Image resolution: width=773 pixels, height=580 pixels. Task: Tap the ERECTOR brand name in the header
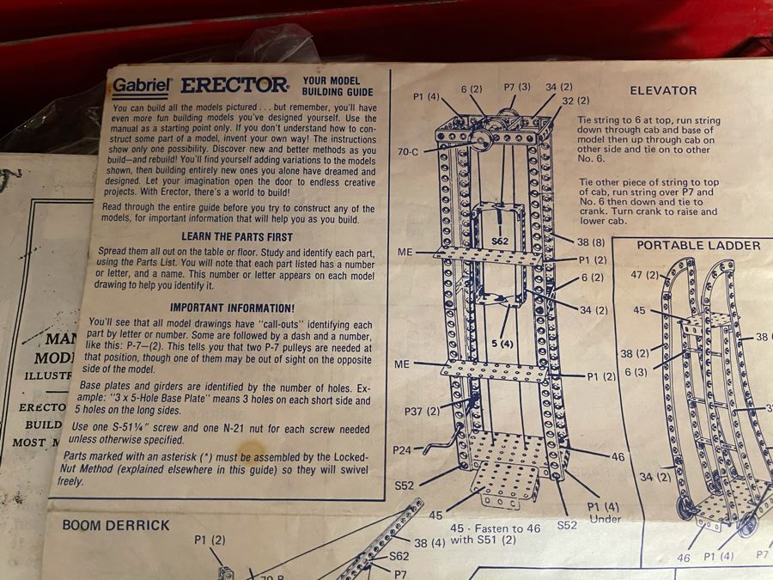tap(234, 85)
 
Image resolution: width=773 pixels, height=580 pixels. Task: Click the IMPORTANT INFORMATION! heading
tap(232, 307)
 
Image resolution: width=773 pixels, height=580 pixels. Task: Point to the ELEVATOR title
tap(663, 90)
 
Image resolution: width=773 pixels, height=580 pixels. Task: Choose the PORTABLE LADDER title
tap(698, 245)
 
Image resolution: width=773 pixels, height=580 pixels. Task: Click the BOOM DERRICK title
tap(117, 524)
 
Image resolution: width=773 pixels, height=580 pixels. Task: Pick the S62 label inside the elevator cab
tap(501, 241)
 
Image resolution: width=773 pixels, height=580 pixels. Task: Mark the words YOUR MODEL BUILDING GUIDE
tap(337, 86)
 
